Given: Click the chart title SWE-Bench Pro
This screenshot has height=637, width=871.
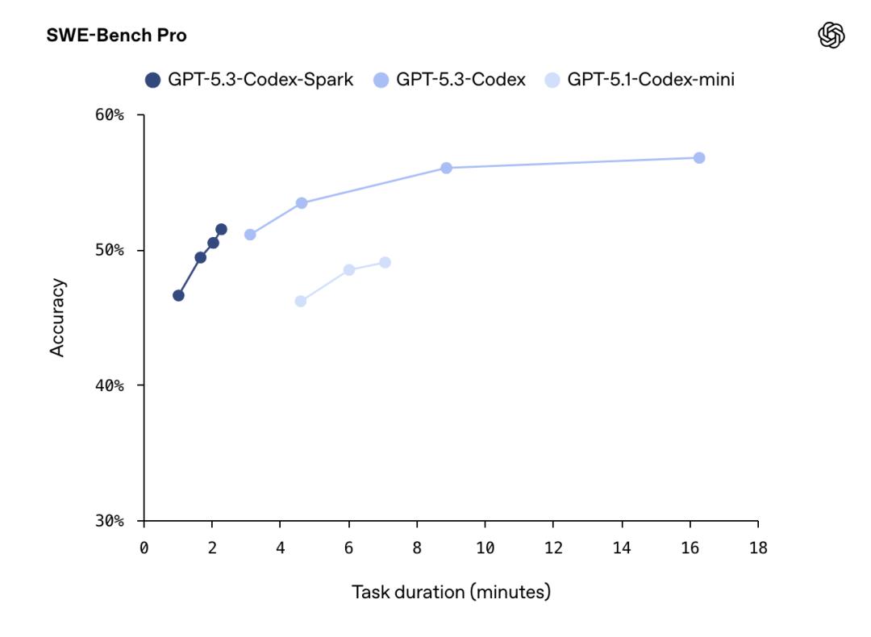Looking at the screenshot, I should pos(117,36).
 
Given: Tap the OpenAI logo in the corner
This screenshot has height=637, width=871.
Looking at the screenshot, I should pos(831,35).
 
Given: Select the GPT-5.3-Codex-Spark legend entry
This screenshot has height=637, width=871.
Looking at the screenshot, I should pos(250,80).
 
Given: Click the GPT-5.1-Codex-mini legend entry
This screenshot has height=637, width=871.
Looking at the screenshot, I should pos(640,80).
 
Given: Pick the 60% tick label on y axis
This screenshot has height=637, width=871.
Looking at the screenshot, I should pos(110,115).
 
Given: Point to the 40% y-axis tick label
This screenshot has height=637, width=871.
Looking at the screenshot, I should pos(110,385).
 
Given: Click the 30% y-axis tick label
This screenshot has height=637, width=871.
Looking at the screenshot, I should pos(110,521).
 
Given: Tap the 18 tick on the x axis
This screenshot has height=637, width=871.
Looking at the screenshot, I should pos(758,549).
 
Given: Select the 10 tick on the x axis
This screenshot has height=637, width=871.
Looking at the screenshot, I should pos(485,549).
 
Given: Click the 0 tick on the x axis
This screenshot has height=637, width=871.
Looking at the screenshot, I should pos(144,549).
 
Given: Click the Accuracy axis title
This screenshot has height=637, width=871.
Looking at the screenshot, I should pos(57,318).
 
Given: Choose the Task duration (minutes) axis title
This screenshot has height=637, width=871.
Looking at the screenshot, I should pos(451,593).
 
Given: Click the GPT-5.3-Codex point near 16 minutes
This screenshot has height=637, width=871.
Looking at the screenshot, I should pos(699,158).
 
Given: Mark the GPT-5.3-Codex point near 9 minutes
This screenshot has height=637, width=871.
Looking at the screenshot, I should pos(446,168).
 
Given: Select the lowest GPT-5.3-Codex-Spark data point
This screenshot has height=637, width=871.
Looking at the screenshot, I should pos(178,295).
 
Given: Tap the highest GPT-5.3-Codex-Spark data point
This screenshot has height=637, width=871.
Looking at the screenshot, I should pos(221,229).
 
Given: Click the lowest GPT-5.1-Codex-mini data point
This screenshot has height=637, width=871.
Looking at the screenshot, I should pos(301,301).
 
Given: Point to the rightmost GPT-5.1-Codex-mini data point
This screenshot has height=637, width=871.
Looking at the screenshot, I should pos(385,262).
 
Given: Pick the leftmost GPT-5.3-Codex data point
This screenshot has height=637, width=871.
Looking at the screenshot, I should pos(250,235).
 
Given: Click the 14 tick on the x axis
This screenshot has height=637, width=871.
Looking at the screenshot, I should pos(621,549).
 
